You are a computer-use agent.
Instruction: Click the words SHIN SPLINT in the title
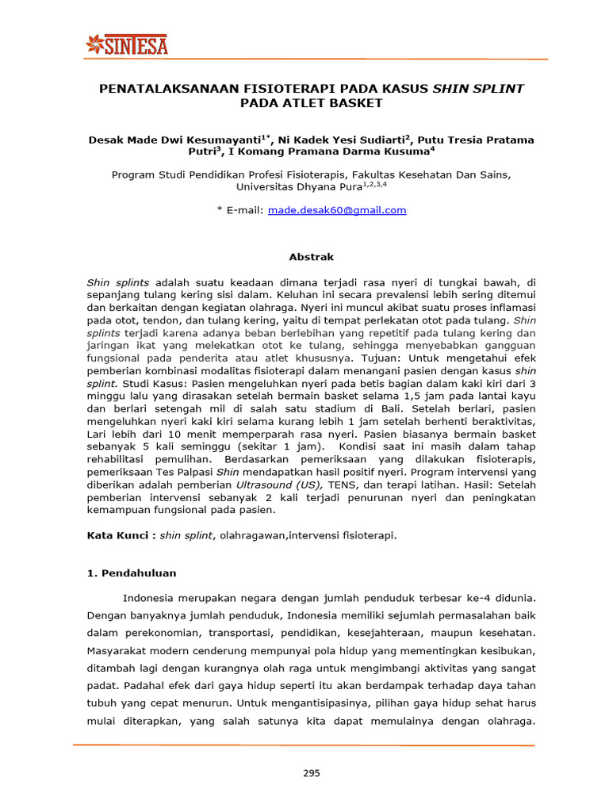pos(477,88)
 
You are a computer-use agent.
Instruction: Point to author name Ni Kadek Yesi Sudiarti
pos(345,140)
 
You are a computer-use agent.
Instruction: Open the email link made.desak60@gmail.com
pos(337,210)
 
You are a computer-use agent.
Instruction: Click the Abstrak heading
pos(310,257)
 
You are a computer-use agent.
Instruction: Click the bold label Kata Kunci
pos(119,535)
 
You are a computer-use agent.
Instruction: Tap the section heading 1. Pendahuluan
pos(131,573)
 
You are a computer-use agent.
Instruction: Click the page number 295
pos(311,774)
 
